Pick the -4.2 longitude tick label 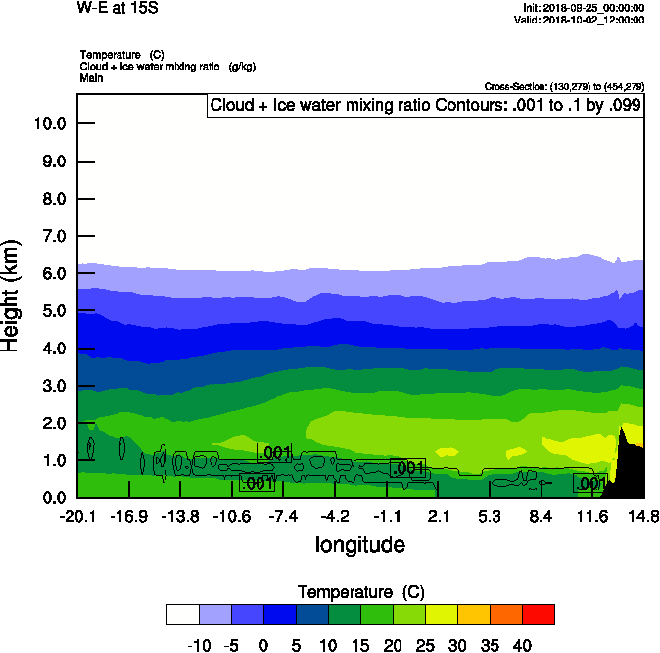point(335,517)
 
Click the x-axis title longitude point(359,544)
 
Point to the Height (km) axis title point(12,295)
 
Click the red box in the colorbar point(538,614)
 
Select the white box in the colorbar point(183,614)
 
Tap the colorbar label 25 point(425,645)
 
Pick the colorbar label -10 point(199,645)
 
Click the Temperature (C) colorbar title point(360,592)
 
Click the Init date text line point(584,8)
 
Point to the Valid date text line point(585,20)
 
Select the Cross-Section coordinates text point(564,86)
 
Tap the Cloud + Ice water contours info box point(425,106)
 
